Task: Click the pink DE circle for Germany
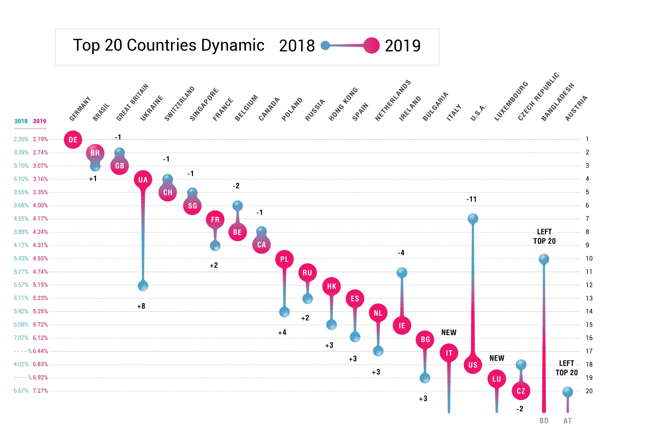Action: tap(73, 140)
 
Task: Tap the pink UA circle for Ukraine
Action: tap(143, 180)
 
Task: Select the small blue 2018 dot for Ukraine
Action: tap(143, 286)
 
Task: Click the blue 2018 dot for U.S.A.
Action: tap(473, 219)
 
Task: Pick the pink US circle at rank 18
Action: tap(473, 365)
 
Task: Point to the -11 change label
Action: tap(471, 199)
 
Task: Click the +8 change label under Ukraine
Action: tap(141, 306)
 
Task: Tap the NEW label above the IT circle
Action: tap(449, 332)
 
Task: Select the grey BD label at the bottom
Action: tap(544, 420)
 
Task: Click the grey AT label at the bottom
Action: tap(568, 421)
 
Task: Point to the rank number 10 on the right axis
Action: tap(589, 258)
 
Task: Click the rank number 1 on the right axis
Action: tap(587, 139)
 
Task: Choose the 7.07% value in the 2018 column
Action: tap(21, 338)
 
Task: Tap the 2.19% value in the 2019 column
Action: tap(40, 139)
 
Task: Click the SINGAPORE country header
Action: tap(204, 104)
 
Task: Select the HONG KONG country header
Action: tap(343, 104)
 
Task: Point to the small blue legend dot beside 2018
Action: tap(325, 45)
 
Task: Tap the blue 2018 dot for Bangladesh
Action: tap(544, 259)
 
